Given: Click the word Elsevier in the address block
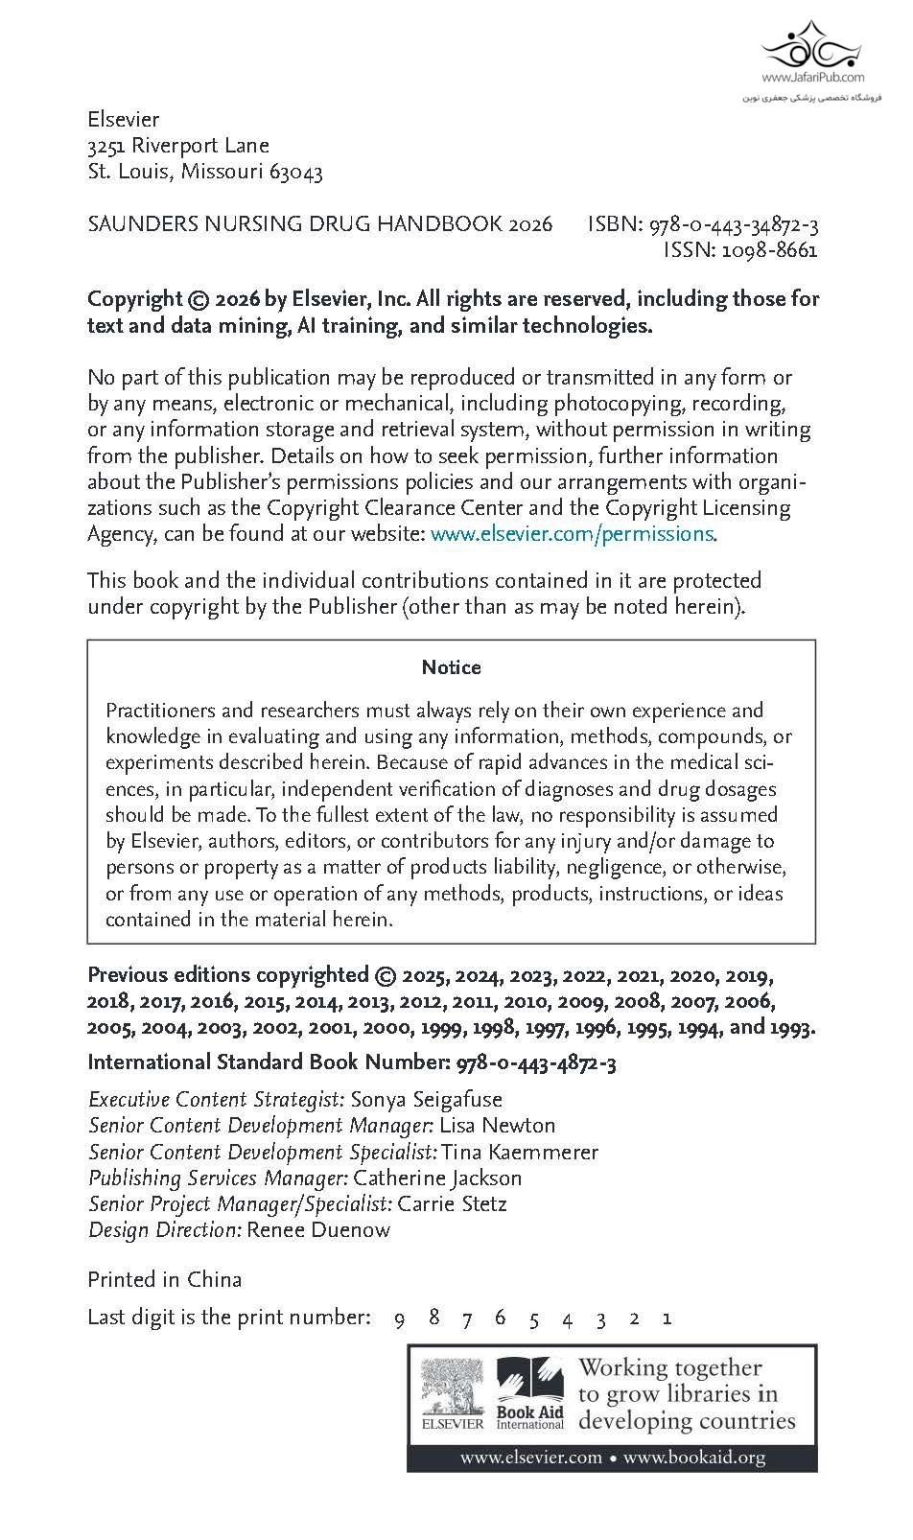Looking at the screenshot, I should pyautogui.click(x=123, y=120).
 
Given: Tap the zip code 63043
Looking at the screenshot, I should pyautogui.click(x=296, y=173).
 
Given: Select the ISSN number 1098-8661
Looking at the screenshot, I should pyautogui.click(x=769, y=251).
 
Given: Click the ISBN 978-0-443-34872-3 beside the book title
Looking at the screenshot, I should pyautogui.click(x=734, y=225).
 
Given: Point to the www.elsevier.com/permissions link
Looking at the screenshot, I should pyautogui.click(x=572, y=534).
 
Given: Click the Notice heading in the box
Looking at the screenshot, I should pyautogui.click(x=451, y=667).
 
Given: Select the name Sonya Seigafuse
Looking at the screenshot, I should pyautogui.click(x=427, y=1100).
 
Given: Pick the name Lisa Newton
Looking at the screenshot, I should pyautogui.click(x=498, y=1126).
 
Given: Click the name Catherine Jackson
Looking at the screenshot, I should pyautogui.click(x=437, y=1178).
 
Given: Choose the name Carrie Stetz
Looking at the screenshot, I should pyautogui.click(x=452, y=1204).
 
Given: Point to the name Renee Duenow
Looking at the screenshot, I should pyautogui.click(x=318, y=1230).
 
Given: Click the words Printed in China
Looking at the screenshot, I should pyautogui.click(x=164, y=1280).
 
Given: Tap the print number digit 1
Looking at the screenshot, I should pyautogui.click(x=667, y=1318).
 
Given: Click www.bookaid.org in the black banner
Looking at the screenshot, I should pyautogui.click(x=694, y=1458).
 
